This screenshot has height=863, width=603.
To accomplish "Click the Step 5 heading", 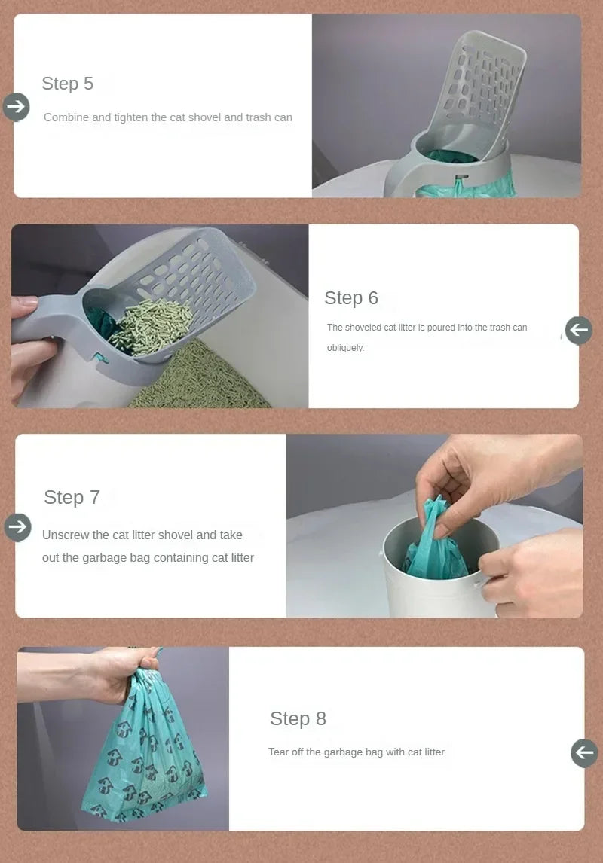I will click(x=68, y=84).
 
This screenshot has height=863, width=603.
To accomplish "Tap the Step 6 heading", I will click(x=351, y=298).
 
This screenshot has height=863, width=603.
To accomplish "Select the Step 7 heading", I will click(x=72, y=497).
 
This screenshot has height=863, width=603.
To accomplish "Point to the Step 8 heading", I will click(x=298, y=718).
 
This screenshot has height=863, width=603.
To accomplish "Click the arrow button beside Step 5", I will click(x=16, y=107).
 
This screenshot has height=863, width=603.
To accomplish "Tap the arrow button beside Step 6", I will click(x=579, y=330).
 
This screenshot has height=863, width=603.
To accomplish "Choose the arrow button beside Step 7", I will click(x=17, y=527).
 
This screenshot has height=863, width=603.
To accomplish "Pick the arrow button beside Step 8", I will click(x=584, y=752).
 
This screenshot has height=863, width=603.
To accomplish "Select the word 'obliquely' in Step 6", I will click(x=345, y=348).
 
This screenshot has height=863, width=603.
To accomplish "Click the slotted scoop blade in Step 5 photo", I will click(x=482, y=83).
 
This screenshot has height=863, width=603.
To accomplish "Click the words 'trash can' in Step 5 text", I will click(x=269, y=117).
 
